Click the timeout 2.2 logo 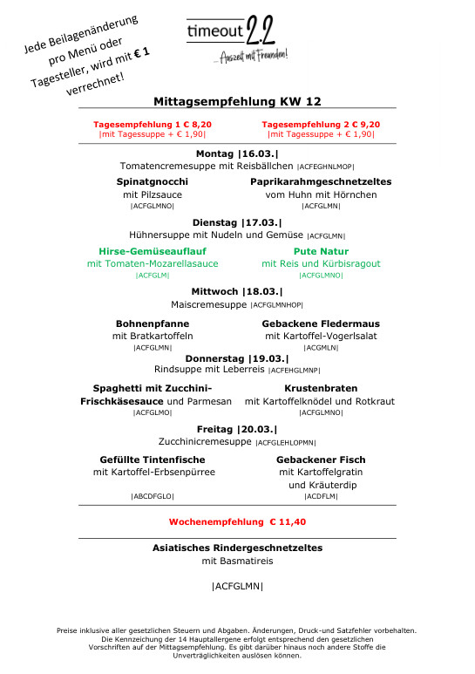[x=237, y=39]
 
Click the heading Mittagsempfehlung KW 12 [x=237, y=101]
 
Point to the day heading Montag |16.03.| [x=237, y=153]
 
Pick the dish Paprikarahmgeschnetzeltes [x=321, y=181]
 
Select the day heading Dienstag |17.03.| [x=237, y=221]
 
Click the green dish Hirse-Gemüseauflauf [x=153, y=249]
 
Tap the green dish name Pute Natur [x=321, y=249]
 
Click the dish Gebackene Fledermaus [x=321, y=323]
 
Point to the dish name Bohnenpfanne [x=153, y=323]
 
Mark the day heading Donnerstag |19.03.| [x=237, y=357]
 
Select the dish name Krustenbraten [x=321, y=388]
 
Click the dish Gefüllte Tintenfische [x=153, y=459]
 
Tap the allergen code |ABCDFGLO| [x=153, y=496]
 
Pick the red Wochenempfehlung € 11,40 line [x=237, y=521]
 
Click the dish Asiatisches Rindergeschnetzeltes [x=237, y=548]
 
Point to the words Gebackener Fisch [x=321, y=459]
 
